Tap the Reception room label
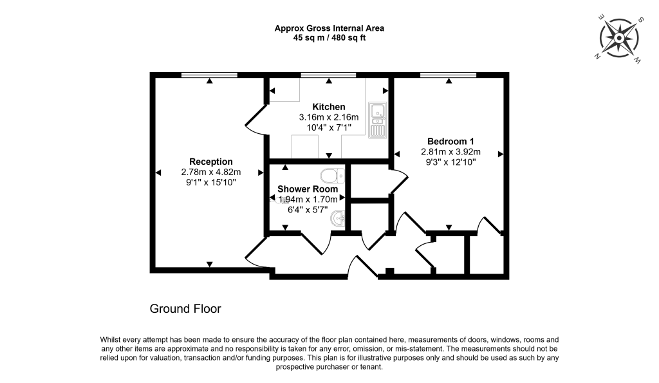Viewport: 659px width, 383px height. (210, 161)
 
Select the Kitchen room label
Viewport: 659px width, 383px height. (328, 107)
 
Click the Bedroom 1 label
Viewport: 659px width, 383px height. (450, 142)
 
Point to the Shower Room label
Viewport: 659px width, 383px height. (307, 189)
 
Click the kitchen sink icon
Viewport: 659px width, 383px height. (376, 120)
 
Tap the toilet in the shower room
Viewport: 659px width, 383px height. (329, 175)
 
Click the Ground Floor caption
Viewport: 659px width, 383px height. (185, 309)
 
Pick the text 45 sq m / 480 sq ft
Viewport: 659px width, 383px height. (329, 38)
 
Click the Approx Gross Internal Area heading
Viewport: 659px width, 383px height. (329, 28)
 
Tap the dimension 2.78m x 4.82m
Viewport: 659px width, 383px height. (210, 172)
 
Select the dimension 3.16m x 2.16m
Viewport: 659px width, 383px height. (328, 117)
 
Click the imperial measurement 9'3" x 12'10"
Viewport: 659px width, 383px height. (450, 163)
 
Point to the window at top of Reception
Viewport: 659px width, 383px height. (209, 75)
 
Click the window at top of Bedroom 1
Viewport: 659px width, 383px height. (448, 75)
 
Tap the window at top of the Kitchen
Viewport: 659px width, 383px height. (328, 75)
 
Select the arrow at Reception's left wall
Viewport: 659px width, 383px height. (158, 172)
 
